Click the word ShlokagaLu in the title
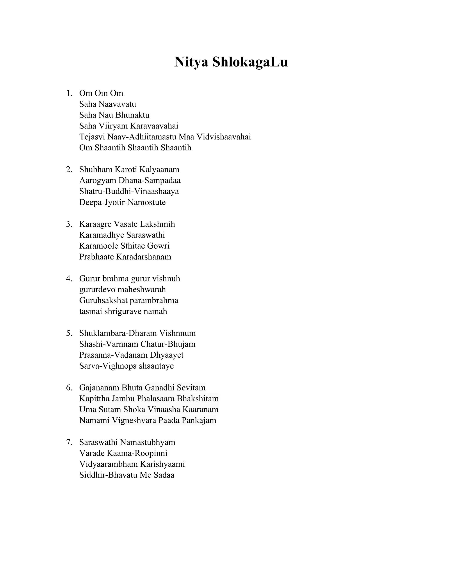click(x=250, y=62)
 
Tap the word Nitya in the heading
click(x=191, y=62)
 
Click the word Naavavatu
click(x=117, y=104)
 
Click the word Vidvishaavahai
click(x=224, y=137)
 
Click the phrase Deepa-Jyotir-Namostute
click(x=122, y=202)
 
